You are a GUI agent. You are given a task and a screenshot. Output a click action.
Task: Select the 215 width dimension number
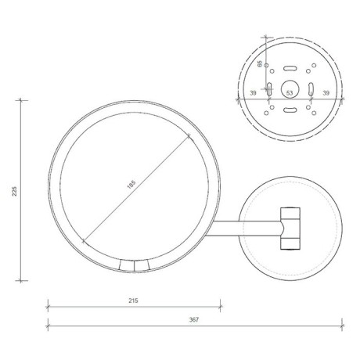tap(133, 300)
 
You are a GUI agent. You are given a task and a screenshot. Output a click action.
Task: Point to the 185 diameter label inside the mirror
tap(132, 185)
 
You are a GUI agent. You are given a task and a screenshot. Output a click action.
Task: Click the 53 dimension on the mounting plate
tap(290, 93)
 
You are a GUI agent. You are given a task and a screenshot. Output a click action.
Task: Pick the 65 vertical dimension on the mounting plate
tap(261, 63)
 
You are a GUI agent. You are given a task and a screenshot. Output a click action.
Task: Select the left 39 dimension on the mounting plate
tap(253, 93)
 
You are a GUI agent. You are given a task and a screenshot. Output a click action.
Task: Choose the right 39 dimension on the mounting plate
tap(326, 93)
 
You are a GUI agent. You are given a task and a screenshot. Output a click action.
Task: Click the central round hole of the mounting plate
tap(290, 87)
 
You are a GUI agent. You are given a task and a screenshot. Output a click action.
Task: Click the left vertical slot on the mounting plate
tap(269, 88)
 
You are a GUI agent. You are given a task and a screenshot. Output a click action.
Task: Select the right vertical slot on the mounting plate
tap(311, 88)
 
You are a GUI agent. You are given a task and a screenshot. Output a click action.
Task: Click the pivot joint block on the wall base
tap(290, 228)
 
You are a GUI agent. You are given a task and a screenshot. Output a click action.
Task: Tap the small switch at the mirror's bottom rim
tap(132, 266)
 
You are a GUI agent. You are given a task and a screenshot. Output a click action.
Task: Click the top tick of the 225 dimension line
tap(20, 100)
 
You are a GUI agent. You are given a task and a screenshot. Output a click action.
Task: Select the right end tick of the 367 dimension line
tap(342, 325)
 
